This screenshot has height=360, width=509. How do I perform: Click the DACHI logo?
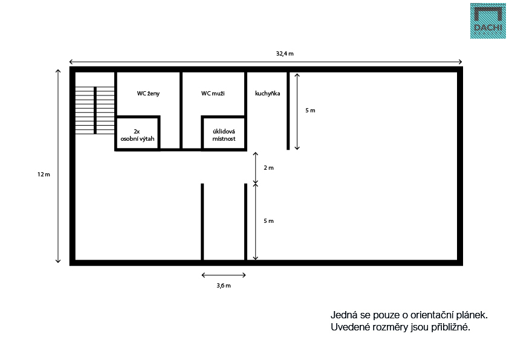pyautogui.click(x=488, y=21)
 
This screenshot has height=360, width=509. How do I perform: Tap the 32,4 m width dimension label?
pyautogui.click(x=285, y=54)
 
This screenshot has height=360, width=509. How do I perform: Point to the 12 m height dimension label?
pyautogui.click(x=44, y=175)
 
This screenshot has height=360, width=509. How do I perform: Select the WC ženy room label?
pyautogui.click(x=148, y=94)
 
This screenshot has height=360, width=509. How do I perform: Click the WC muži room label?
pyautogui.click(x=213, y=94)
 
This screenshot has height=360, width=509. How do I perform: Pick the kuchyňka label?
pyautogui.click(x=267, y=94)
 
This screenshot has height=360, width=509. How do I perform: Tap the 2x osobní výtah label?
pyautogui.click(x=137, y=135)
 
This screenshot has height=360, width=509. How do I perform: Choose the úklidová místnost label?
pyautogui.click(x=224, y=135)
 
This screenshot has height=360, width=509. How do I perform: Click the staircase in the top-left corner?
pyautogui.click(x=95, y=111)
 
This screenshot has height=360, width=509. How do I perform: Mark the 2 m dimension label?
pyautogui.click(x=268, y=168)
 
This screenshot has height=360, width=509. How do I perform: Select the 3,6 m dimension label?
pyautogui.click(x=224, y=286)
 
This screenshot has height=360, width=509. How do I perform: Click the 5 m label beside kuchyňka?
pyautogui.click(x=310, y=111)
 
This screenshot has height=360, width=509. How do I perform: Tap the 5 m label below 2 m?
pyautogui.click(x=268, y=221)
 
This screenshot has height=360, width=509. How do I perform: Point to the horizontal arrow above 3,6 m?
pyautogui.click(x=224, y=275)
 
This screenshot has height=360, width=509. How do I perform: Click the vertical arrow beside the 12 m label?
pyautogui.click(x=58, y=166)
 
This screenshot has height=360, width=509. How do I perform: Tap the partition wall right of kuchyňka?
pyautogui.click(x=288, y=111)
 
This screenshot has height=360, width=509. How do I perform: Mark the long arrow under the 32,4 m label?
pyautogui.click(x=265, y=62)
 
